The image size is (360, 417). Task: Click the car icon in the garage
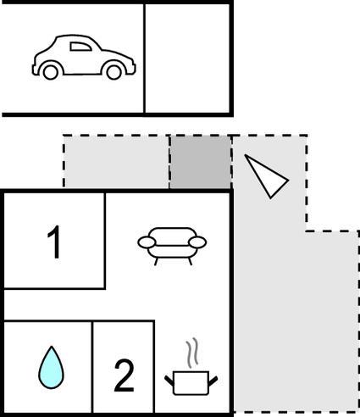click(x=84, y=58)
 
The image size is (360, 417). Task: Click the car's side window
click(x=80, y=47)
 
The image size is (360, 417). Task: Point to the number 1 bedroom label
click(x=53, y=242)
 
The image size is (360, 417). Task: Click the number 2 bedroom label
click(x=125, y=375)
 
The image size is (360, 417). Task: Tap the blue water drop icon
click(x=51, y=367)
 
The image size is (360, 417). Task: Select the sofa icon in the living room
click(x=172, y=246)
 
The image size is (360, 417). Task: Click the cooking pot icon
click(x=191, y=383)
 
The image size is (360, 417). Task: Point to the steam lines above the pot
click(x=191, y=353)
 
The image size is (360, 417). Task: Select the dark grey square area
click(x=200, y=162)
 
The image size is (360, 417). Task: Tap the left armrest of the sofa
click(x=147, y=242)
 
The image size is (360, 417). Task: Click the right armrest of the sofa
click(x=197, y=242)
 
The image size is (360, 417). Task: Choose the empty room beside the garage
click(x=187, y=58)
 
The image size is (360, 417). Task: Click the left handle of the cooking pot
click(x=169, y=381)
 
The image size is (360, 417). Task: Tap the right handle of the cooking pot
click(x=213, y=381)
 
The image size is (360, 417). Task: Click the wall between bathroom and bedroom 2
click(x=92, y=366)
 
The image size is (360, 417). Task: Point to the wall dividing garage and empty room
click(x=144, y=58)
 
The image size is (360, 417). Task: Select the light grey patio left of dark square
click(x=116, y=162)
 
